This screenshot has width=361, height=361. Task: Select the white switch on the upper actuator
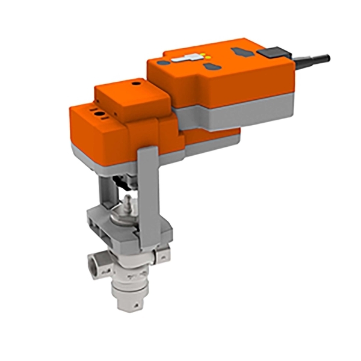(x=185, y=60)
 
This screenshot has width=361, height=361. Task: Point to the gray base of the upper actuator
(x=241, y=114)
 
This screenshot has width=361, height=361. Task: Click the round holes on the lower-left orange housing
(x=96, y=112)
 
